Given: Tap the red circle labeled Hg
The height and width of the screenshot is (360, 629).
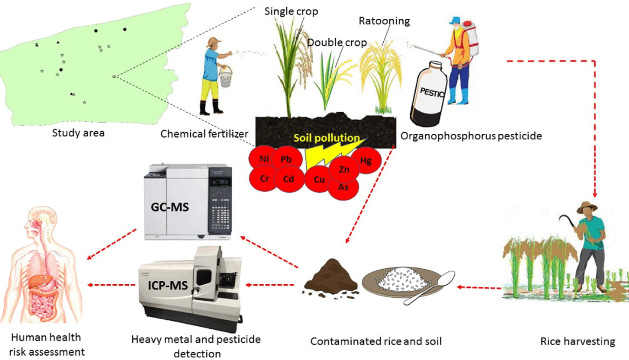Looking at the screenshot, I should pyautogui.click(x=366, y=161).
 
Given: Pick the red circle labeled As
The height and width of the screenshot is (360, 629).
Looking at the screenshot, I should pyautogui.click(x=344, y=186).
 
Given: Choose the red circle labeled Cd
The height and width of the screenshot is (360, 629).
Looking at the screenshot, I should pyautogui.click(x=289, y=179).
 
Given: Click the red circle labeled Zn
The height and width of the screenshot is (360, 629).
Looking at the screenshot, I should pyautogui.click(x=345, y=169).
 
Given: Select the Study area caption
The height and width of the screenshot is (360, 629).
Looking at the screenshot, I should pyautogui.click(x=79, y=133).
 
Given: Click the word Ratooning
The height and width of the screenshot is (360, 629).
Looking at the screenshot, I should pyautogui.click(x=384, y=21).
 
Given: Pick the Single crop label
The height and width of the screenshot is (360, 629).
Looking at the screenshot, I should pyautogui.click(x=291, y=11).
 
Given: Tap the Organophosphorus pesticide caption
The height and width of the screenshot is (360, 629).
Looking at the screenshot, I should pyautogui.click(x=471, y=136).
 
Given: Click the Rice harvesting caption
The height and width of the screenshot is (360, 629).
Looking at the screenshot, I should pyautogui.click(x=577, y=341).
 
